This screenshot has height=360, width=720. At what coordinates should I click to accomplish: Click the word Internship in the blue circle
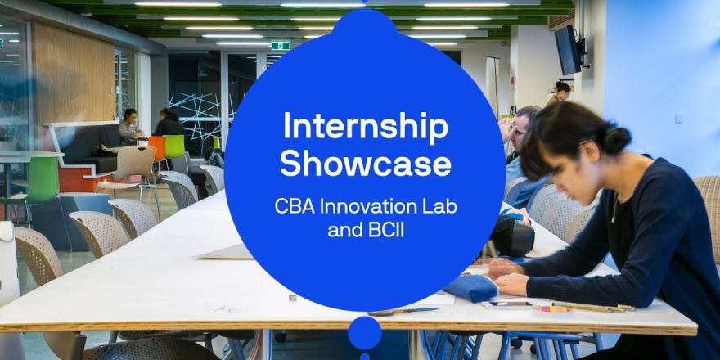366,126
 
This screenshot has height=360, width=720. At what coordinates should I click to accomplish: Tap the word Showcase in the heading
366,164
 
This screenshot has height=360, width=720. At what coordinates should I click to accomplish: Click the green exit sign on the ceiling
280,46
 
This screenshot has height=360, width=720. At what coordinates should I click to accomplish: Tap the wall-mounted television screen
568,50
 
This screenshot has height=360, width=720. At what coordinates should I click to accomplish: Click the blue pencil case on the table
470,288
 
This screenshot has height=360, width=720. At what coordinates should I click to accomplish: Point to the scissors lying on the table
403,312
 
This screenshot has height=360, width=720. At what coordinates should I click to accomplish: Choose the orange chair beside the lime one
157,148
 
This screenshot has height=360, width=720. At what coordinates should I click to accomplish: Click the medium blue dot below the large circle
365,333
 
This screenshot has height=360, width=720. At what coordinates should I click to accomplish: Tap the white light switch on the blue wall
677,118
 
